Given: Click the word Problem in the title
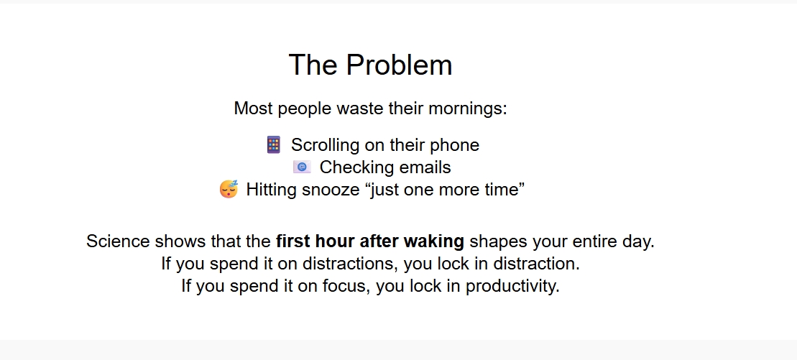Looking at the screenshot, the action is (x=400, y=65).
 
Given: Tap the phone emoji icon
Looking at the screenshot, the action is (x=274, y=145).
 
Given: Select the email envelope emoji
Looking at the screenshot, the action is (x=302, y=167).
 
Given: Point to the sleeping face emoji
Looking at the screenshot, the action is (x=229, y=189).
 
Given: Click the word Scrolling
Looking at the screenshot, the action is (x=326, y=145).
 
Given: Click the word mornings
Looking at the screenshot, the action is (x=468, y=109).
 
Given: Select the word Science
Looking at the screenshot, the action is (x=118, y=241).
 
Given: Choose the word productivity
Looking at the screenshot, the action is (x=512, y=286).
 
